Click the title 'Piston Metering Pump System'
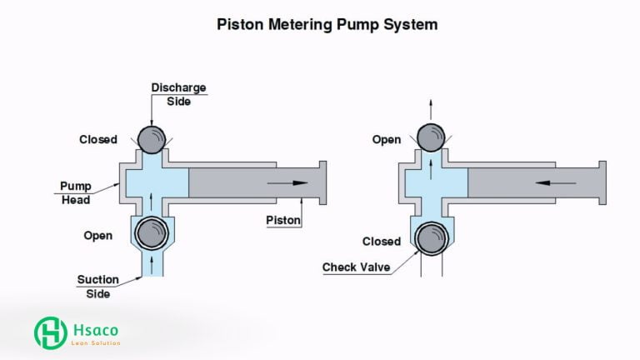327,24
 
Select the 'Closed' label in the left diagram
98,139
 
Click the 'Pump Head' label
76,192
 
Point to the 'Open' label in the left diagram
97,236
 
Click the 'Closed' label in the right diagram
381,242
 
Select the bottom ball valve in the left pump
152,232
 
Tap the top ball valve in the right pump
430,137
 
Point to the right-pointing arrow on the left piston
288,182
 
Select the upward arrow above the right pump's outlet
430,107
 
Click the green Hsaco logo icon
51,332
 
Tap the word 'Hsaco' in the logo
93,328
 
